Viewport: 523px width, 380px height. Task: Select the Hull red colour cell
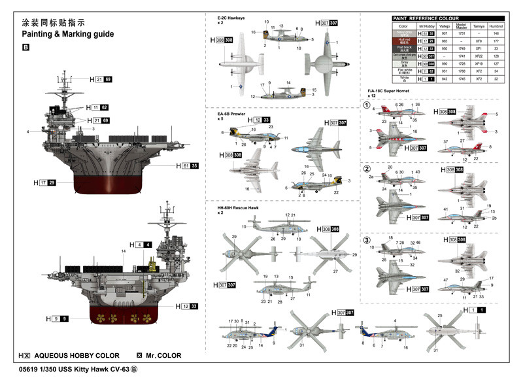click(x=403, y=41)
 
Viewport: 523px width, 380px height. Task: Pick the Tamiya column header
click(x=479, y=26)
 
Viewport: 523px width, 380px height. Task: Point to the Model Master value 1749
click(x=462, y=49)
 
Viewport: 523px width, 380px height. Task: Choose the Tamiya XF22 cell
click(x=479, y=56)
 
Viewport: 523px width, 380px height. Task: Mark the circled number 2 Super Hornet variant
click(x=367, y=168)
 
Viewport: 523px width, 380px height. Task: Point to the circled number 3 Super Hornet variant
click(x=367, y=238)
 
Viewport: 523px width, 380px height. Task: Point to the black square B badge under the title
click(x=25, y=47)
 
